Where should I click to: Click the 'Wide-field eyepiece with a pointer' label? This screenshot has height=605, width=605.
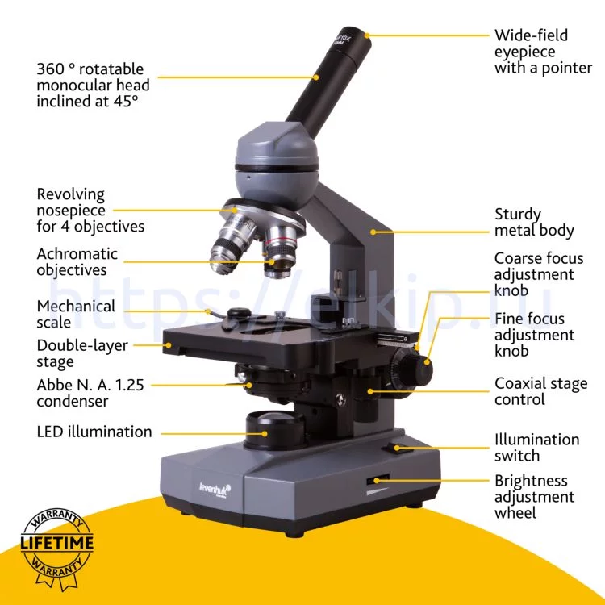[x=543, y=52]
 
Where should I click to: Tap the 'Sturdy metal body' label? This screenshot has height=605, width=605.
[x=534, y=223]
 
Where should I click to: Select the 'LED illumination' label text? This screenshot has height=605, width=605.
[x=94, y=432]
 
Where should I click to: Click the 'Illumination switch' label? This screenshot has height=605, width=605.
[x=536, y=447]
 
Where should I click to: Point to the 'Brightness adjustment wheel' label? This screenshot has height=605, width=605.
[x=534, y=497]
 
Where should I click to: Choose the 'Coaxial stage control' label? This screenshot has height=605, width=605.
[x=541, y=391]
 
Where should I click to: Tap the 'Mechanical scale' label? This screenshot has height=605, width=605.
[x=76, y=314]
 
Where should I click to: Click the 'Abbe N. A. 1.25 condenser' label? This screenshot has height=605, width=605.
[x=90, y=393]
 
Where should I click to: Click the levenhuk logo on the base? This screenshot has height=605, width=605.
[x=215, y=490]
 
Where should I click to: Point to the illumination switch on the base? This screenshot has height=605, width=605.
[x=392, y=448]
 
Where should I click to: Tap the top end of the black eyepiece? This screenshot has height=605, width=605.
[x=353, y=35]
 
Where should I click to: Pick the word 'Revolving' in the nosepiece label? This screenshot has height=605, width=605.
[x=71, y=194]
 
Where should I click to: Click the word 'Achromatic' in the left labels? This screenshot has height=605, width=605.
[x=77, y=253]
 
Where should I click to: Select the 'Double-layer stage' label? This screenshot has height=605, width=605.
[x=82, y=353]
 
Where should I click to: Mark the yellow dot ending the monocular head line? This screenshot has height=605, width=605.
[x=316, y=77]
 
